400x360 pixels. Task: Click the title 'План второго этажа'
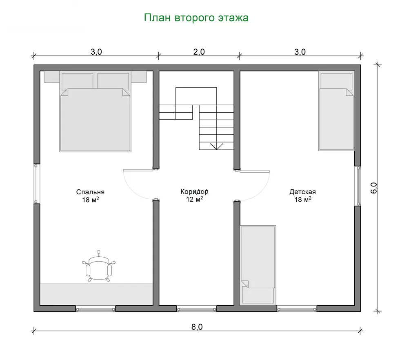pos(196,18)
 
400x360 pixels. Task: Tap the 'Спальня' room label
pos(90,192)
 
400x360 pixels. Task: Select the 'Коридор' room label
pos(194,191)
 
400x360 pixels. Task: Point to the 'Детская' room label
pos(302,191)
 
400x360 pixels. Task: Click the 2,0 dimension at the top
pos(199,52)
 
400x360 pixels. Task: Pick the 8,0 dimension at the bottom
pos(197,327)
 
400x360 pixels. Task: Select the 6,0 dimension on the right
pos(373,188)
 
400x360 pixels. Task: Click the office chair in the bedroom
pos(99,267)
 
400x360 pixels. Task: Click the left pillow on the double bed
pos(77,81)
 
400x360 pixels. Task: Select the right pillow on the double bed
pos(113,81)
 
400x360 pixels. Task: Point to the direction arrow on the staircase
pos(216,147)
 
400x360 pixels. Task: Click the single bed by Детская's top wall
pos(336,111)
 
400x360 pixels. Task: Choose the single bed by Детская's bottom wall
pos(258,265)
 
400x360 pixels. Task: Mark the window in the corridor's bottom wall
pos(197,309)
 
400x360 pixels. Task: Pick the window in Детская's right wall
pos(359,186)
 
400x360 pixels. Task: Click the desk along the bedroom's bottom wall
pos(97,294)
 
